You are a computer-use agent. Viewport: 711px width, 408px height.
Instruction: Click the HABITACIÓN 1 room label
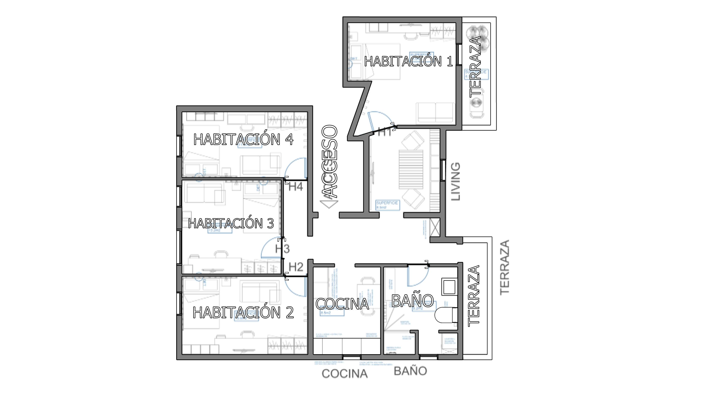(408, 61)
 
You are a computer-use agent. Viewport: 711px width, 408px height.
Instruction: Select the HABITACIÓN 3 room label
(231, 223)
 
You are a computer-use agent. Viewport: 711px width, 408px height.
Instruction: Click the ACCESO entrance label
(330, 162)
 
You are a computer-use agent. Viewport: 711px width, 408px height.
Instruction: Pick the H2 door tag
(296, 267)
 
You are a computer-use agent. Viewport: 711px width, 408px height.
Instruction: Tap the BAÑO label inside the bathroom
(412, 301)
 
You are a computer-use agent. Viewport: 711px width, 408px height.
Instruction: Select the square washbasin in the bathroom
(449, 287)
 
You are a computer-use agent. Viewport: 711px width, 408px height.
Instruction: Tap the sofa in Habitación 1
(435, 113)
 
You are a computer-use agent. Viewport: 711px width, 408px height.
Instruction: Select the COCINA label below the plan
(344, 374)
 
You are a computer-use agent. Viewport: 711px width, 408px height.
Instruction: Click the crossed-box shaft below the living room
(435, 227)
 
